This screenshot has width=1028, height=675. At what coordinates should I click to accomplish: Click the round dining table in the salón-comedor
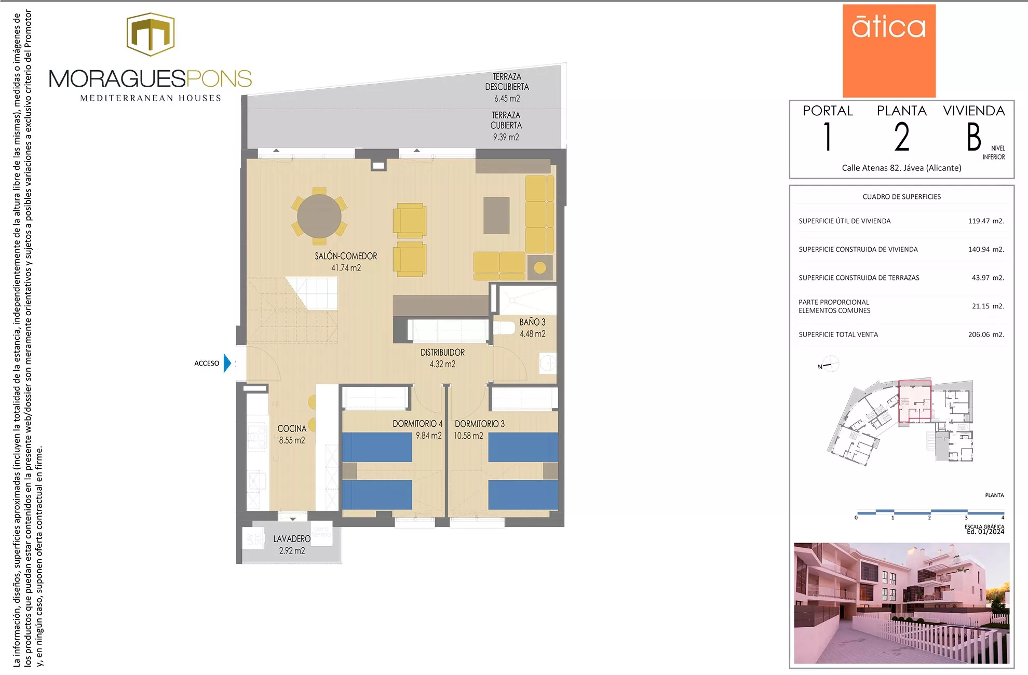coord(319,216)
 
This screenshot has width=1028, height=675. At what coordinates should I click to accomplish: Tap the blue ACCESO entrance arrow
coord(227,363)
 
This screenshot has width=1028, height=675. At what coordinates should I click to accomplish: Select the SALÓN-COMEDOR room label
coord(346,256)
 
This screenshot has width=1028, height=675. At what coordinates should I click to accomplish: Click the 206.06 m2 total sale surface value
coord(985,334)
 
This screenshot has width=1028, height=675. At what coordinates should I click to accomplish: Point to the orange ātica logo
coord(889,50)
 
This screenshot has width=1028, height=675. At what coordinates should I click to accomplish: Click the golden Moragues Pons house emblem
coord(151,34)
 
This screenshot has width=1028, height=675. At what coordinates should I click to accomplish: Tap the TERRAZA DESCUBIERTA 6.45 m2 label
coord(507,87)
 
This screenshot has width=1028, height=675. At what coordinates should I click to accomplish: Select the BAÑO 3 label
coord(532,322)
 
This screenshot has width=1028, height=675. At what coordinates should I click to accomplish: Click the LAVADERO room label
coord(292,539)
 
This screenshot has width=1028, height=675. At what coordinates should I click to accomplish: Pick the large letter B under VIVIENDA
coord(973,137)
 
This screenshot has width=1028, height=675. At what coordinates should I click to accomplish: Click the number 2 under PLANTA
coord(902,137)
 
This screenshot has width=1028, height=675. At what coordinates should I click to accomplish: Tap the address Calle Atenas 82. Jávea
coord(901,168)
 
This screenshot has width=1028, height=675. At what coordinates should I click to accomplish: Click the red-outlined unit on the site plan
coord(915,401)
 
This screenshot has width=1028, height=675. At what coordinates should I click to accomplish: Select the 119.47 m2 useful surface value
coord(985,221)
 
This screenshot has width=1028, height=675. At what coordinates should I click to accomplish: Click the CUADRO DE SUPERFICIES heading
coord(901,197)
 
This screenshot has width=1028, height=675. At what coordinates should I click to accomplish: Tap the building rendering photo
coord(901,603)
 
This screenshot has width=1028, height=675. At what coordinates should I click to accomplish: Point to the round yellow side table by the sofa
coord(540,267)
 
